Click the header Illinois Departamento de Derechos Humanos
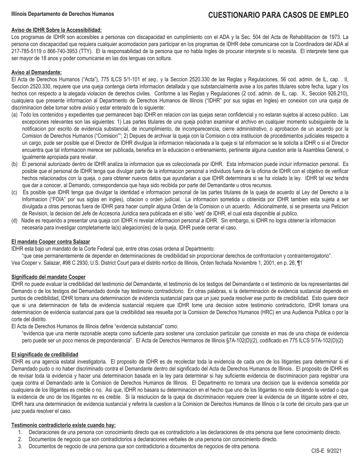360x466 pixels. pos(63,14)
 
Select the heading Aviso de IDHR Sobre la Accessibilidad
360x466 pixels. pos(56,30)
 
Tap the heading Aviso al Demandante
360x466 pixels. pos(37,72)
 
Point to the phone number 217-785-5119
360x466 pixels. pos(26,51)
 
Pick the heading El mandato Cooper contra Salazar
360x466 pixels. pos(51,242)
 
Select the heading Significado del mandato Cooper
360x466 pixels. pos(49,277)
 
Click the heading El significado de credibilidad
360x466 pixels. pos(45,355)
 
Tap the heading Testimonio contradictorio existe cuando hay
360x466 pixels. pos(64,425)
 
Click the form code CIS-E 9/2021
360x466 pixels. pos(326,451)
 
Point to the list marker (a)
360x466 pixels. pos(14,114)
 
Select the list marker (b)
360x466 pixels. pos(14,164)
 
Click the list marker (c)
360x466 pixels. pos(14,192)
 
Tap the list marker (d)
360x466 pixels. pos(14,220)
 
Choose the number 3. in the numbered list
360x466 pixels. pos(20,446)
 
